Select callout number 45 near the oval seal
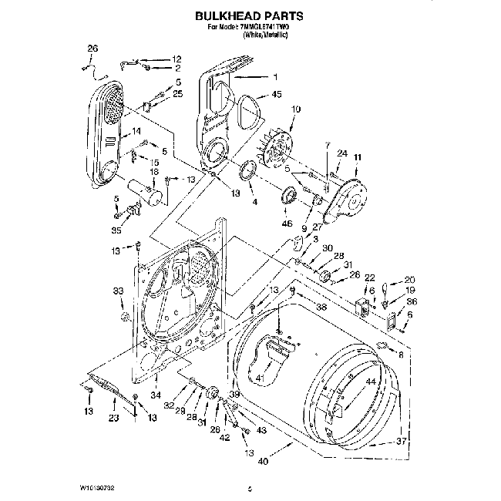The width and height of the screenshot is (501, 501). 277,96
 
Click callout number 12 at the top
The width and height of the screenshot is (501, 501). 177,59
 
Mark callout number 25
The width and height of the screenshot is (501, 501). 177,93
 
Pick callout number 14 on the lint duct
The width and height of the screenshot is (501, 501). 136,132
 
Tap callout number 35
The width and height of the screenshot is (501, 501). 116,229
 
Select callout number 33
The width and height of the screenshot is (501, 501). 118,291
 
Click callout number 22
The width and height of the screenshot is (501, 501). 369,277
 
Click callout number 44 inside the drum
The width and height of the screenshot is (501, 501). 371,382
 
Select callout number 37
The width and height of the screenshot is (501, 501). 401,441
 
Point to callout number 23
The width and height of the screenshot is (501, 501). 113,419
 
